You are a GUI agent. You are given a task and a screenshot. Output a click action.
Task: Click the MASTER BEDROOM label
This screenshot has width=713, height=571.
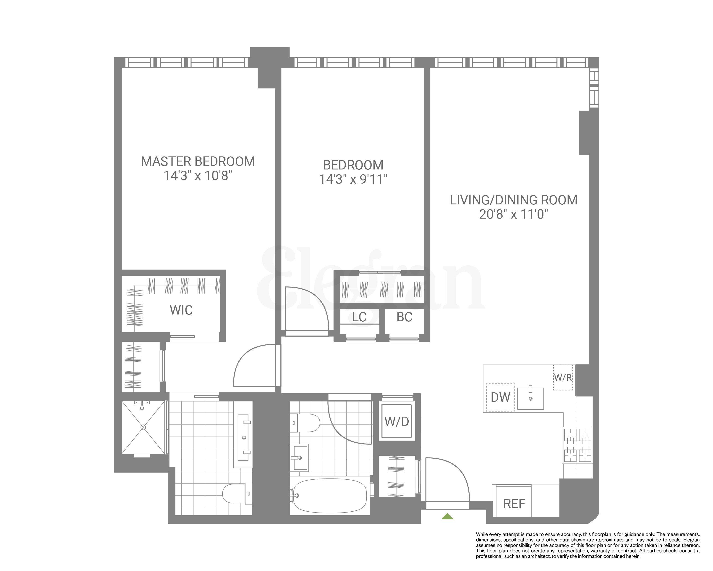[x=198, y=161]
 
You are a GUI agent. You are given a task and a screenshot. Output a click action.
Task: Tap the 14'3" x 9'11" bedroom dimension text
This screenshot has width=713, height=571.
[x=353, y=180]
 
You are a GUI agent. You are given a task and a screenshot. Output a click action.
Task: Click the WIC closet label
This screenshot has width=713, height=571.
[x=181, y=310]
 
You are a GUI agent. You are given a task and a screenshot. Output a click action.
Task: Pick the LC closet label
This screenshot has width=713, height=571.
[x=359, y=317]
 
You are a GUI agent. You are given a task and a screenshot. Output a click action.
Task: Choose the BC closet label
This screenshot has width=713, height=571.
[x=404, y=317]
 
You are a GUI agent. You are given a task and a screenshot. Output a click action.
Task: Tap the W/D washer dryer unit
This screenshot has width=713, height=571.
[x=397, y=421]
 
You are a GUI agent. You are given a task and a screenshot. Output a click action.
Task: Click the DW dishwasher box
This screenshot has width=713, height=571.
[x=500, y=397]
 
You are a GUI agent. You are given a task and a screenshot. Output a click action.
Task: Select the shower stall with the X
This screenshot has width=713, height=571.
[x=143, y=427]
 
